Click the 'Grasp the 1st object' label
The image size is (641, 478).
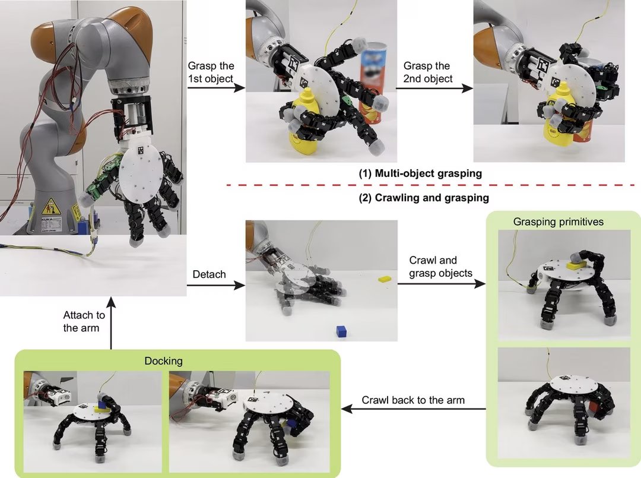[x=211, y=72]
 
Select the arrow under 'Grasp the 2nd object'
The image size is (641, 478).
[x=434, y=88]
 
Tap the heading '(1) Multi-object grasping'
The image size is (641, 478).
[x=420, y=173]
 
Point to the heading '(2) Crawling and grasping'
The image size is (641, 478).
[x=424, y=198]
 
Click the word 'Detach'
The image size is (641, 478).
[x=209, y=274]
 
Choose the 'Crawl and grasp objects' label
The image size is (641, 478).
[x=440, y=267]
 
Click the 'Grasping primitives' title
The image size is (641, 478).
[x=559, y=221]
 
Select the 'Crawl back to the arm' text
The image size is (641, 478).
[x=413, y=400]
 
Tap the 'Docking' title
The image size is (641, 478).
[x=164, y=361]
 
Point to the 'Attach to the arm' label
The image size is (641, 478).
[x=84, y=321]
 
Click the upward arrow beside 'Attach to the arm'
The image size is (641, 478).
[x=111, y=323]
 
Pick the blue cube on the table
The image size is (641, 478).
[x=341, y=331]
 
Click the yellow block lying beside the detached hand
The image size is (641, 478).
[x=385, y=279]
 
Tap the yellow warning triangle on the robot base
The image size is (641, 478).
[x=50, y=206]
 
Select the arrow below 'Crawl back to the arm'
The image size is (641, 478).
[x=413, y=409]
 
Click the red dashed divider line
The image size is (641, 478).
[x=430, y=185]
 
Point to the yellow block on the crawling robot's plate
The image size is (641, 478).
[x=576, y=266]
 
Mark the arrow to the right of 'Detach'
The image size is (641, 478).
[x=216, y=284]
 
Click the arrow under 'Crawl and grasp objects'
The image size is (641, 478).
[x=442, y=283]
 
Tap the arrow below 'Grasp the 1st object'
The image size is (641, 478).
[x=216, y=88]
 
